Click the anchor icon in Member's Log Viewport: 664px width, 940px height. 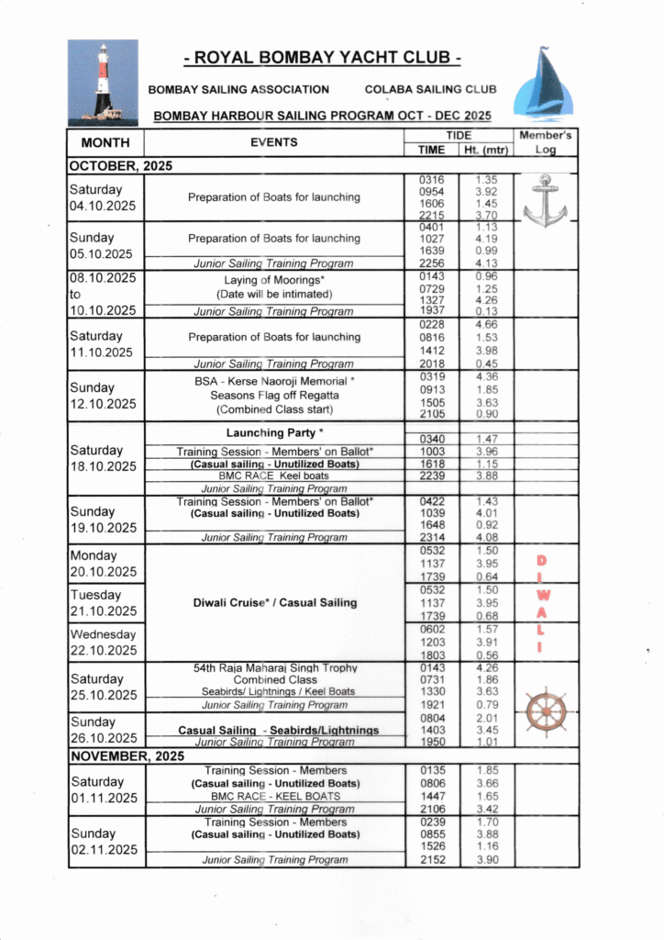545,200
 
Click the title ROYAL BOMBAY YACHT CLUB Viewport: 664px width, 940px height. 322,59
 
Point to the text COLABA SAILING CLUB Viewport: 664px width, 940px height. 430,90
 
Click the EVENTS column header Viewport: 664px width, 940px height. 273,142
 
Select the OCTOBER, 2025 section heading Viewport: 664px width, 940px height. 120,166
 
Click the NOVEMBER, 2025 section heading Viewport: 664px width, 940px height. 126,756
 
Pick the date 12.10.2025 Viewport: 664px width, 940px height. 101,404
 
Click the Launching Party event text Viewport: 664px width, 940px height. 274,432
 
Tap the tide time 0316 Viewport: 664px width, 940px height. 431,179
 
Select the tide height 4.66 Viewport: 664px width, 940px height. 486,324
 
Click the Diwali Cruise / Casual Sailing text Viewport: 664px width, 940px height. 275,603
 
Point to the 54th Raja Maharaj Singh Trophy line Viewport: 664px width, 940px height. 275,668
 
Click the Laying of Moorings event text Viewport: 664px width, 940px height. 274,280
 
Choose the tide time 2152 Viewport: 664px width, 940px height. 431,859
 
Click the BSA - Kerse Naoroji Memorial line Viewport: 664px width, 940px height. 274,381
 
